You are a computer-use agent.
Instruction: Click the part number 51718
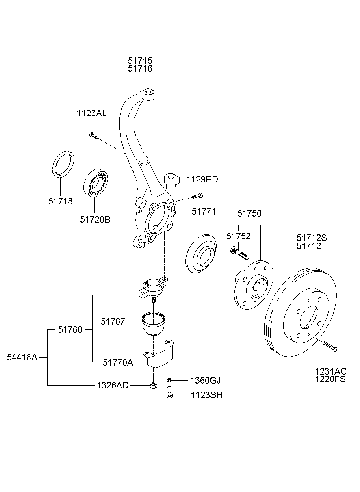(61, 201)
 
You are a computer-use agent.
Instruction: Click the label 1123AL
(91, 113)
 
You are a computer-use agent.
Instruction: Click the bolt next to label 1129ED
(197, 197)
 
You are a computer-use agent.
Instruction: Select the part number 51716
(140, 69)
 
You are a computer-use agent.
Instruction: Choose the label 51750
(249, 213)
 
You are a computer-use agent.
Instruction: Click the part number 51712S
(312, 238)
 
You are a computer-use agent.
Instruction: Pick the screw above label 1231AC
(330, 347)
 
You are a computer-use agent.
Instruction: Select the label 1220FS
(330, 380)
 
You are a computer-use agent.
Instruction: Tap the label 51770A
(118, 362)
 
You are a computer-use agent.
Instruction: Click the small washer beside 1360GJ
(169, 380)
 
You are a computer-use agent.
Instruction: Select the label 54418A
(22, 357)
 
